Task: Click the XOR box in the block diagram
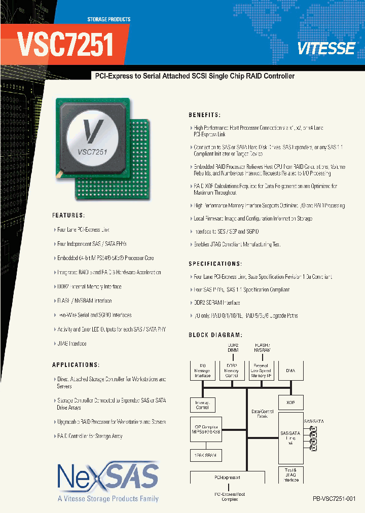[290, 402]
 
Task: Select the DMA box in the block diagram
[290, 371]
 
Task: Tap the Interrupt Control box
[202, 405]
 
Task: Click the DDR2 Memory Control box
[232, 371]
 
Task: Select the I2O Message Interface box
[202, 371]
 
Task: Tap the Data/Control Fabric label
[263, 413]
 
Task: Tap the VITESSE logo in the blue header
[326, 49]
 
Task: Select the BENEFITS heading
[204, 115]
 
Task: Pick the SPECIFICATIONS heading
[215, 264]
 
